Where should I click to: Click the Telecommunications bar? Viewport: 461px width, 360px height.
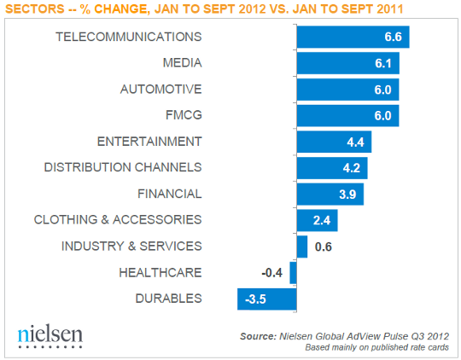[x=353, y=38]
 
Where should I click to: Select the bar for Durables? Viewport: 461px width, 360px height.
[x=266, y=299]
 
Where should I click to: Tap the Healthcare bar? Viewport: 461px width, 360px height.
[x=293, y=273]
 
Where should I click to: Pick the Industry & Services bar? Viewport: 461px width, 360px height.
[x=301, y=247]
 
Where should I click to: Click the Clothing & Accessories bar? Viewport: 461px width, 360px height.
[x=317, y=220]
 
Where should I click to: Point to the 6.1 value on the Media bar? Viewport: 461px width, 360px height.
[x=387, y=64]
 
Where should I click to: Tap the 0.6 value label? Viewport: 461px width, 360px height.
[x=324, y=247]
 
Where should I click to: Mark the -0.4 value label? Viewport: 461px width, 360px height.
[x=272, y=273]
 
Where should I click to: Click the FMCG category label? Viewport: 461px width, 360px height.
[x=184, y=115]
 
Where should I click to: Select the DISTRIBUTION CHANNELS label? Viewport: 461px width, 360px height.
[x=123, y=167]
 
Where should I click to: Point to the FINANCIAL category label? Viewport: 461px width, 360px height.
[x=168, y=194]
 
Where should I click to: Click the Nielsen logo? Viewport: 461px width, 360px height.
[x=50, y=335]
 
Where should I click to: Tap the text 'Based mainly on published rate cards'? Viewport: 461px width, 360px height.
[x=376, y=347]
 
